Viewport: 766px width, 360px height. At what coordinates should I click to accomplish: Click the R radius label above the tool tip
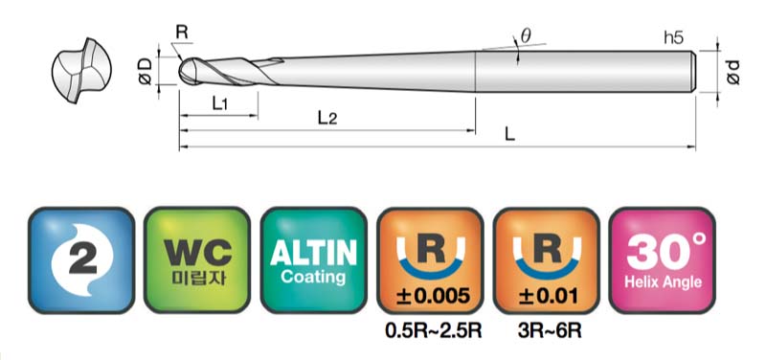click(182, 33)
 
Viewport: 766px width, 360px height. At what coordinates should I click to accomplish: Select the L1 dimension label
click(219, 103)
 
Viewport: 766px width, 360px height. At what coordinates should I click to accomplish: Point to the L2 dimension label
click(327, 118)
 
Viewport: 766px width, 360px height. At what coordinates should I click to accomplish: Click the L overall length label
click(509, 134)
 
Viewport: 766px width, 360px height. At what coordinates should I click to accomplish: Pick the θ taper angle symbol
click(526, 35)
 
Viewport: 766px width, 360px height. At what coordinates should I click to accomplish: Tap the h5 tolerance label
click(674, 38)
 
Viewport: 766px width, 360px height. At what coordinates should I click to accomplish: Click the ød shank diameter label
click(733, 72)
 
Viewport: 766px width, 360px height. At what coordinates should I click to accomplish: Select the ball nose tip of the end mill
click(184, 72)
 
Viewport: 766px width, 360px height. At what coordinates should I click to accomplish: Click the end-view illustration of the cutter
click(81, 70)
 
